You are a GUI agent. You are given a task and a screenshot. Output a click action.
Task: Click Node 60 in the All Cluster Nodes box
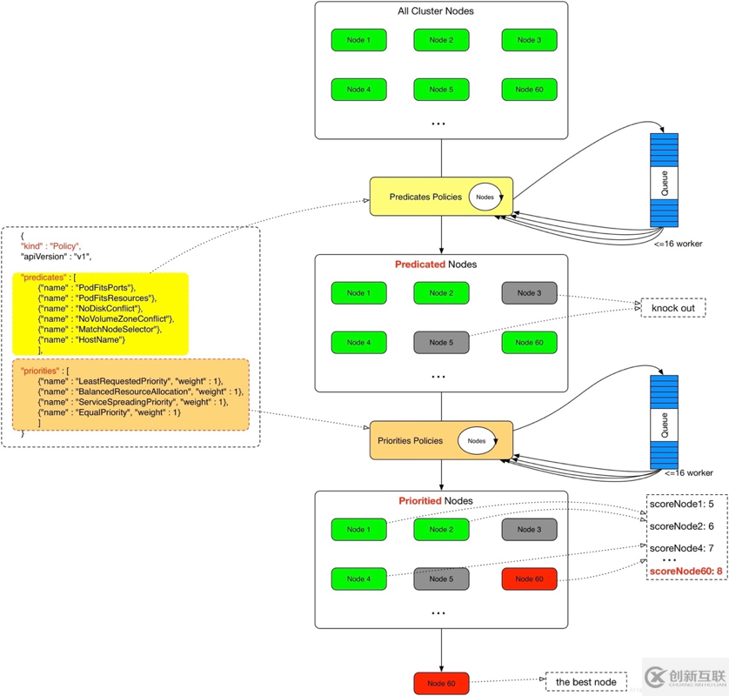[x=529, y=90]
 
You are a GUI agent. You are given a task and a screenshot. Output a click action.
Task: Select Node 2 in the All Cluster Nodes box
[x=441, y=40]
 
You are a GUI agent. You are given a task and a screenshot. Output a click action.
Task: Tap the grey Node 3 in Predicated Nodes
[x=529, y=293]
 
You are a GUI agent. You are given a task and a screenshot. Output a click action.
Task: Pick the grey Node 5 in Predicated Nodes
[x=441, y=343]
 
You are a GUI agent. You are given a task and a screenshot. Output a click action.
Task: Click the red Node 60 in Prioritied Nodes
[x=529, y=579]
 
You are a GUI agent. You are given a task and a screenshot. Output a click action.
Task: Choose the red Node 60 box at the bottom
[x=441, y=683]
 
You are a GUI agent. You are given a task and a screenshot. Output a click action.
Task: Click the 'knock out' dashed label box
[x=672, y=308]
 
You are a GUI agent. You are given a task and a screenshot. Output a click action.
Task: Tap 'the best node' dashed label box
[x=585, y=682]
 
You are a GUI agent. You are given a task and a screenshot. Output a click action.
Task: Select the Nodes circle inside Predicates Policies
[x=485, y=197]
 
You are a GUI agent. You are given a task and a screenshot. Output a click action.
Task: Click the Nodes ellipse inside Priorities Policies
[x=477, y=441]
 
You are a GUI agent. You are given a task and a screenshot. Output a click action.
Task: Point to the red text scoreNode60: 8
[x=686, y=572]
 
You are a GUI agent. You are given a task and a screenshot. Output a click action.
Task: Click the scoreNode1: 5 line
[x=681, y=504]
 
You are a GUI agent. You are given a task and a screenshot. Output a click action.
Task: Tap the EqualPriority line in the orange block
[x=109, y=412]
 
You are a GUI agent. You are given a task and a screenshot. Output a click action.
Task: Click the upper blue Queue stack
[x=664, y=180]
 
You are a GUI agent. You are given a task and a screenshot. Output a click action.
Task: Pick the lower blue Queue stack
[x=665, y=422]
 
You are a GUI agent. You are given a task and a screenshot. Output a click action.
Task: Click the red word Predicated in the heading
[x=420, y=264]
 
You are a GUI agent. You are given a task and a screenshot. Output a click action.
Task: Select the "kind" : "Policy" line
[x=54, y=246]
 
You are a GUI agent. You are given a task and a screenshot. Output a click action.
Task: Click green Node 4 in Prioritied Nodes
[x=358, y=579]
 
